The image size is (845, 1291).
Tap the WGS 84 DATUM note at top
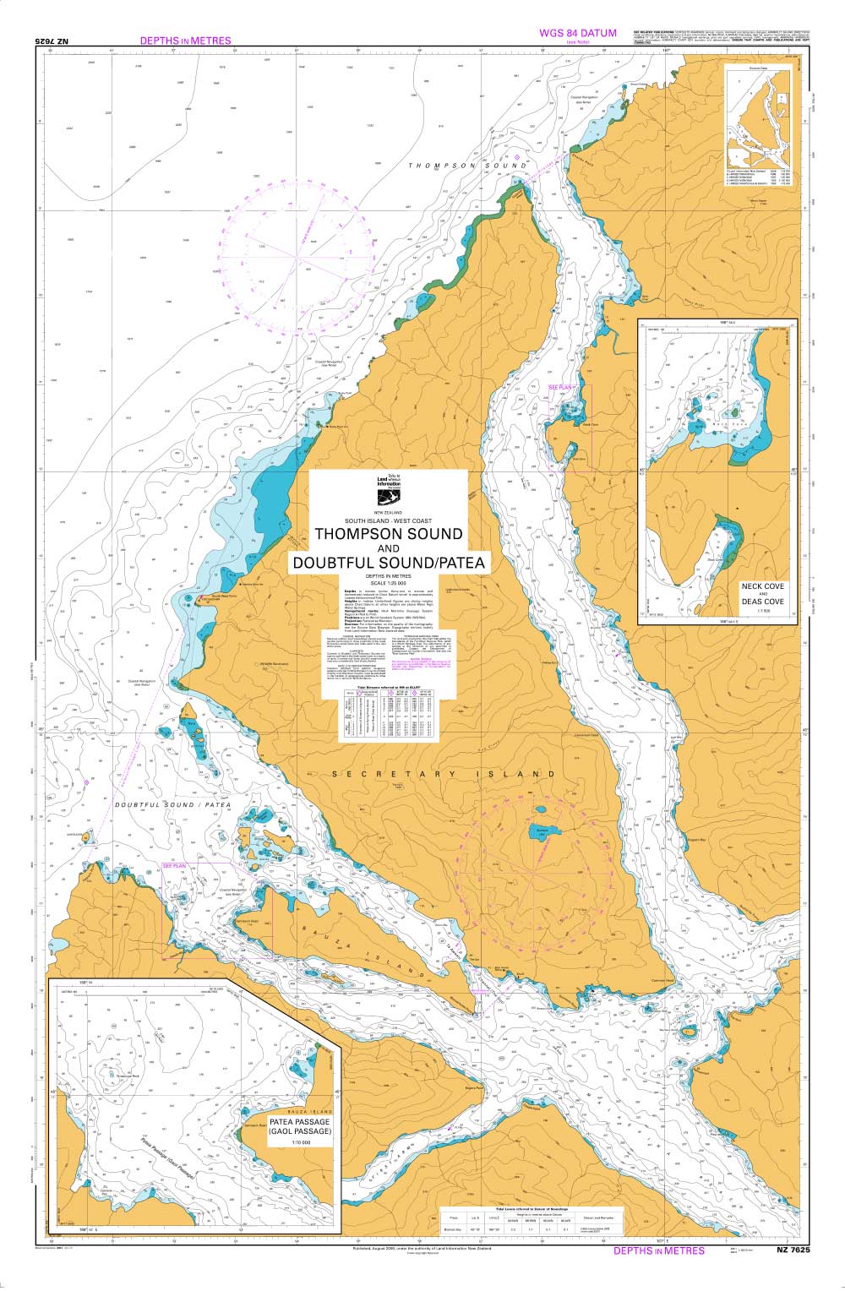point(578,33)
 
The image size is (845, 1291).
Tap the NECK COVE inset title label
point(762,586)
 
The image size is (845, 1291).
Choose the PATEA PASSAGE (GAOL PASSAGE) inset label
point(300,1125)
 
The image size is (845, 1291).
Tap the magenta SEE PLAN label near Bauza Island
point(174,867)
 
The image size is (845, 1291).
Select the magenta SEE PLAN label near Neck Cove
point(561,387)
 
